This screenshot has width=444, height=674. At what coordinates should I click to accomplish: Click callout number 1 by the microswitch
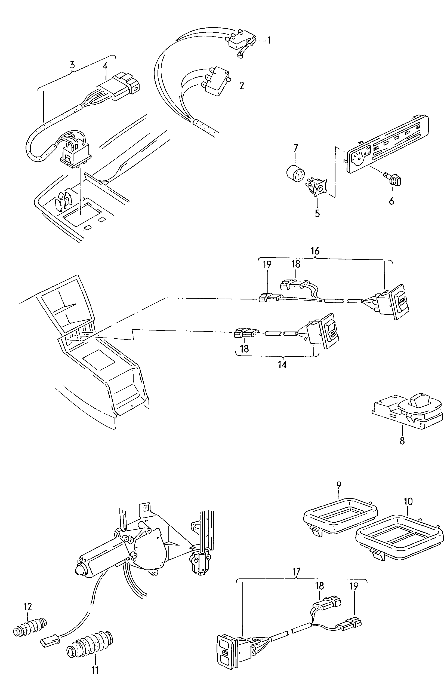pos(269,40)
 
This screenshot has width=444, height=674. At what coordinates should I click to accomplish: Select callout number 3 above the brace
pos(72,65)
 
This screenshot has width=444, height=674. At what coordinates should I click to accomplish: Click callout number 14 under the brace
pos(282,365)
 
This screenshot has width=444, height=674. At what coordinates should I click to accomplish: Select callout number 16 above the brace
pos(315,251)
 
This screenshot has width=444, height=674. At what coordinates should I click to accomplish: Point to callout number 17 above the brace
pos(296,572)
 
